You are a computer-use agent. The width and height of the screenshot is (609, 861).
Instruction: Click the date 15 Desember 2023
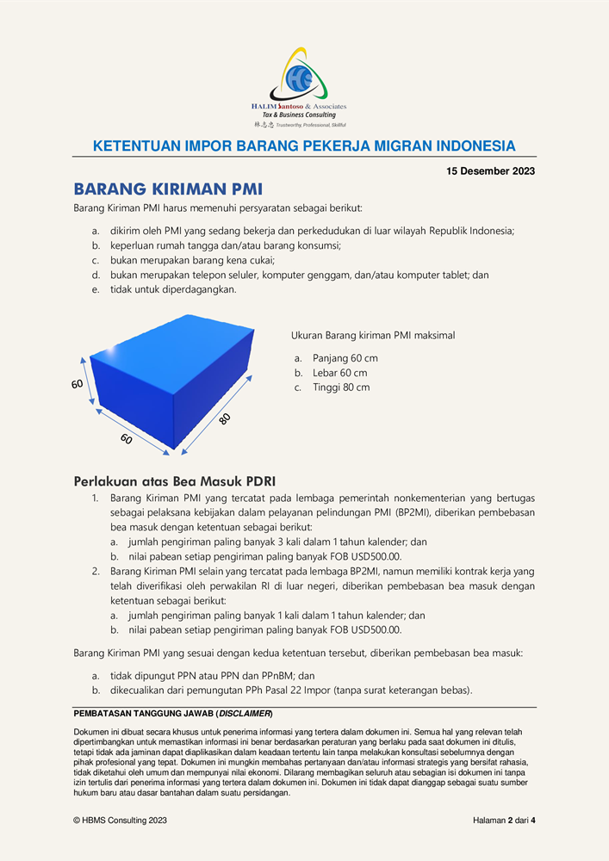coord(490,170)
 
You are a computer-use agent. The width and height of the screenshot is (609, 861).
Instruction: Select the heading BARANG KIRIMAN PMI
coord(168,189)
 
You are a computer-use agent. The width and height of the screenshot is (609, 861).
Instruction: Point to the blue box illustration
coord(172,381)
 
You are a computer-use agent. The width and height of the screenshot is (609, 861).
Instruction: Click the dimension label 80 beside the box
coord(224,419)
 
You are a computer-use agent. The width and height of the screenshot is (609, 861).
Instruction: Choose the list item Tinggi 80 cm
coord(341,387)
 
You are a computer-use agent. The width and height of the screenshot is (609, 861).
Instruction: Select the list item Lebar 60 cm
coord(340,373)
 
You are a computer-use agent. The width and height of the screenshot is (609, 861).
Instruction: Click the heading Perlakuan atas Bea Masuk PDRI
coord(175,481)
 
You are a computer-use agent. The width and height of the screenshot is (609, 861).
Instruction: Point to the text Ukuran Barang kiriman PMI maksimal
coord(373,335)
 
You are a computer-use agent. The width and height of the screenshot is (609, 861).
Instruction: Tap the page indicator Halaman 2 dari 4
coord(504,821)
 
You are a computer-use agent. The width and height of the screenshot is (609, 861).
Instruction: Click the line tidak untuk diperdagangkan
coord(173,289)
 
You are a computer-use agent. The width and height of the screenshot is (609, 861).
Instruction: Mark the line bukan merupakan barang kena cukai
coord(192,260)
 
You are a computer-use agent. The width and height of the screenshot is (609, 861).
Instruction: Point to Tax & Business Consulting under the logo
coord(299,115)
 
